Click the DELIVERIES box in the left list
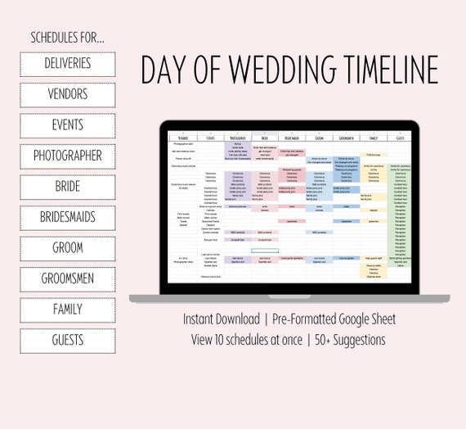[68, 64]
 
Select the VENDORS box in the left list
[68, 95]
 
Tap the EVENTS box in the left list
[68, 125]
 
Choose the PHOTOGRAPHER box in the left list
[68, 156]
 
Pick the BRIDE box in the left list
[68, 187]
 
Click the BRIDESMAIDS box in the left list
[68, 218]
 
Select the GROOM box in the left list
[68, 248]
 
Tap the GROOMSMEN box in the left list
[68, 279]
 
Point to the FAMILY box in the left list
[68, 309]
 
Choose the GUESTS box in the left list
[68, 341]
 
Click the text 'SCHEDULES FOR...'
[68, 38]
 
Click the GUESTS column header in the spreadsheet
[400, 138]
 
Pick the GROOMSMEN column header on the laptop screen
[347, 138]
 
